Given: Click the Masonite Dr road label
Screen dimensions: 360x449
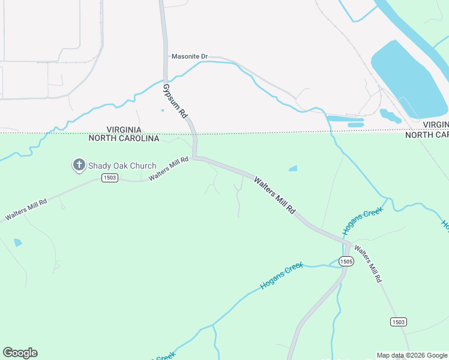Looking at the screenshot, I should (x=189, y=56).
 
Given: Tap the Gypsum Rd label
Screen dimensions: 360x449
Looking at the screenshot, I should (x=175, y=100).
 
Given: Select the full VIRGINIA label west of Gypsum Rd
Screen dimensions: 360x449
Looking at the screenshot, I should (x=124, y=130).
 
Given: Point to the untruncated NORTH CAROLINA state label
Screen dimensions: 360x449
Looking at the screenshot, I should (x=124, y=139).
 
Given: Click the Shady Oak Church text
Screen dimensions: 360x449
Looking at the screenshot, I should (x=122, y=166).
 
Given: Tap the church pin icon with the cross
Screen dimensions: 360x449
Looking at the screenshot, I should (x=79, y=165).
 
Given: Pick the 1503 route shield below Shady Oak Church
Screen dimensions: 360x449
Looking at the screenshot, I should (x=109, y=178).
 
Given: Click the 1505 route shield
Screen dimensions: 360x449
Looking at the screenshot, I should (x=345, y=261).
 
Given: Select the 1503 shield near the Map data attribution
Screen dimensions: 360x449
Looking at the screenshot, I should (x=398, y=322).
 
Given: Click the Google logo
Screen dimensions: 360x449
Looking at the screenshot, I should (x=20, y=353).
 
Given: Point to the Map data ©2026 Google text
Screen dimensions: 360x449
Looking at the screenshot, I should (x=412, y=355).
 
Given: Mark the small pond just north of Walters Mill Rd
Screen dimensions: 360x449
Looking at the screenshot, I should (x=292, y=169).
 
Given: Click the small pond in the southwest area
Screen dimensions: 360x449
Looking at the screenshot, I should (x=17, y=242).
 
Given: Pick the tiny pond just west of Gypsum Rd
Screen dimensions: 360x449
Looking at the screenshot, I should (x=162, y=110).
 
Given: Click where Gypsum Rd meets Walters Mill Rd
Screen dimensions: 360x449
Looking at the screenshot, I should (x=196, y=158).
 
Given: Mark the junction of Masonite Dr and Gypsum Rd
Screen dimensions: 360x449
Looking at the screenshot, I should (x=166, y=58).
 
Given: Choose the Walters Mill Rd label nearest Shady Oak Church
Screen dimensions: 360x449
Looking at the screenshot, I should (x=168, y=169).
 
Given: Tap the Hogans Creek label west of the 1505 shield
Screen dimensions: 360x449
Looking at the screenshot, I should (x=282, y=276).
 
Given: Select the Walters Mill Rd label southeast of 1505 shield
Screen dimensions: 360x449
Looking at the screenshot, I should (x=367, y=264).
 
